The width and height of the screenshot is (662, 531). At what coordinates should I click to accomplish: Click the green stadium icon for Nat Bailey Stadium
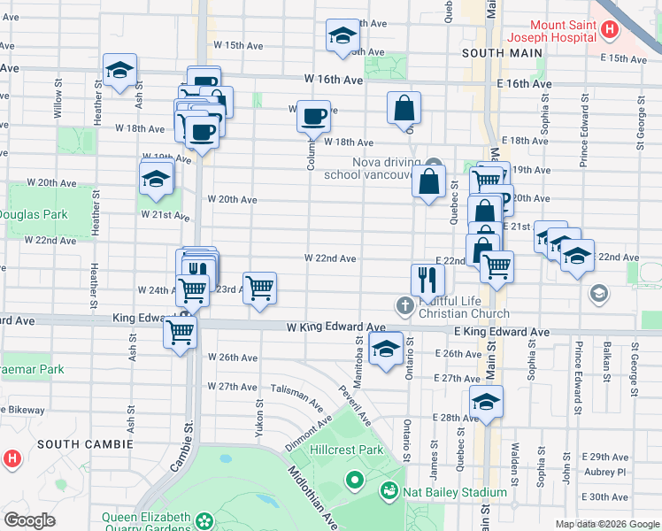tap(389, 490)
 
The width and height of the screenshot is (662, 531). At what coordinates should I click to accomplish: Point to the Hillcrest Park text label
tap(346, 450)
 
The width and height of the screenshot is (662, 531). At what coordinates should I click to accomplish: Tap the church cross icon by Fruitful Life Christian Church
tap(405, 306)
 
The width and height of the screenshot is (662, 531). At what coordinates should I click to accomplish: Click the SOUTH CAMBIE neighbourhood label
tap(87, 443)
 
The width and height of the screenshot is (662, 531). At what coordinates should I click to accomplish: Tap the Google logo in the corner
tap(29, 520)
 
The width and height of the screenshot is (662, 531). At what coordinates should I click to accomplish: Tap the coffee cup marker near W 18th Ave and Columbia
tap(312, 116)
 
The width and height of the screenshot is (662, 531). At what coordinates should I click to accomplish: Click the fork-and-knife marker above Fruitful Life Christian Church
tap(427, 279)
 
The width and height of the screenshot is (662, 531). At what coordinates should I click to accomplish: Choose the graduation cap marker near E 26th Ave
tap(386, 349)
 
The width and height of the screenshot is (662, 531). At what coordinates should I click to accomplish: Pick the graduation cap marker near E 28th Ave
tap(486, 402)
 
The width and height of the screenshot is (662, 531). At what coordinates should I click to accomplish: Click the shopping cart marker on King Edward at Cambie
tap(181, 332)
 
